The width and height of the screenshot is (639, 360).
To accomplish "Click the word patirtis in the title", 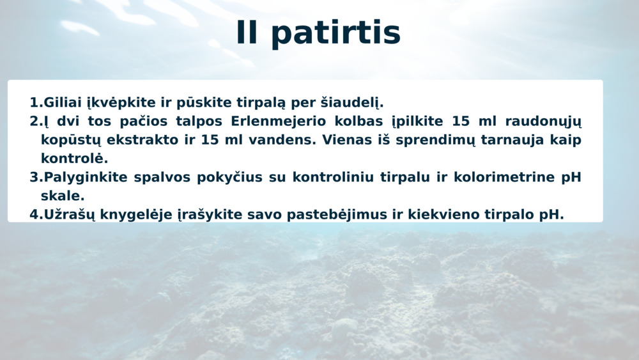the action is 336,33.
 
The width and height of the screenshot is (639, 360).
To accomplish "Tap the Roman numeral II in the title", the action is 247,32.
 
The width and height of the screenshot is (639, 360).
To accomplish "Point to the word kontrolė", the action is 74,159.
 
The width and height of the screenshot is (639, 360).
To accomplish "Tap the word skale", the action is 63,196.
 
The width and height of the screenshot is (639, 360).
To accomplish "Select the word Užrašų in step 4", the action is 69,215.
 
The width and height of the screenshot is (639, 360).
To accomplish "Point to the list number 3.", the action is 34,177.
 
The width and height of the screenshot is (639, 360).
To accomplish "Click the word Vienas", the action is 344,140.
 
